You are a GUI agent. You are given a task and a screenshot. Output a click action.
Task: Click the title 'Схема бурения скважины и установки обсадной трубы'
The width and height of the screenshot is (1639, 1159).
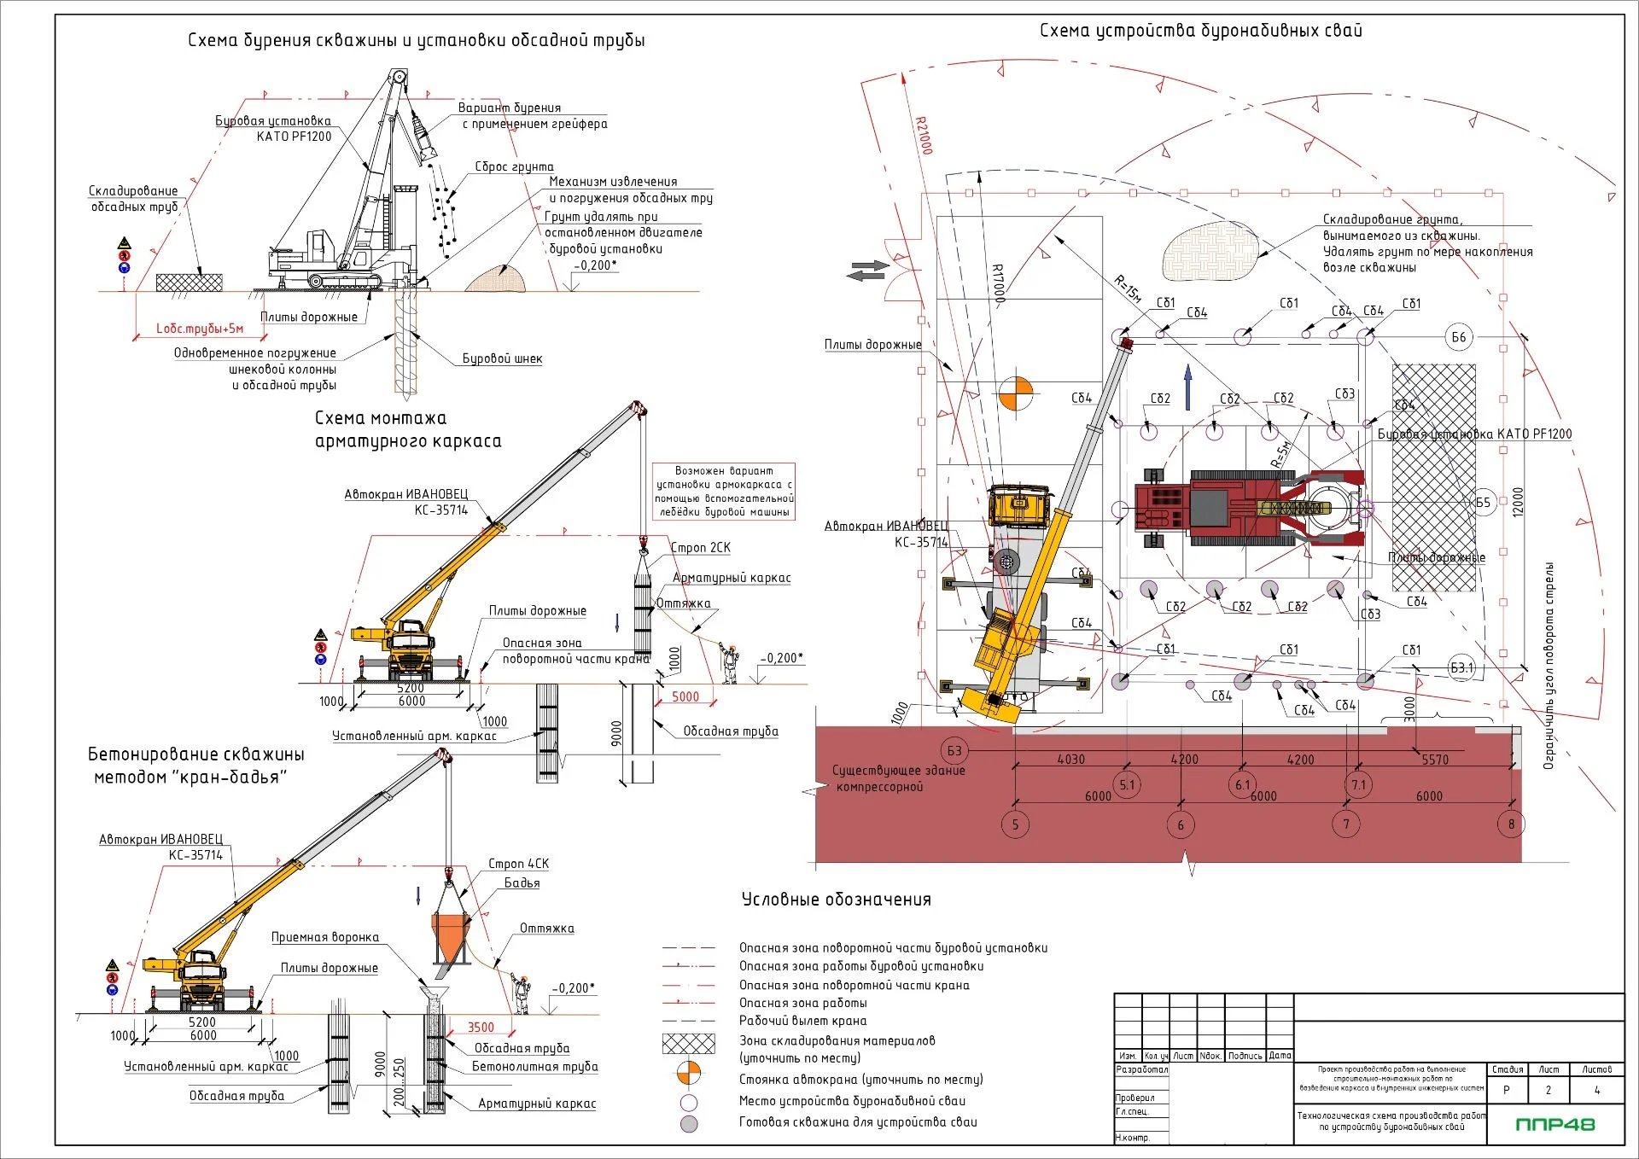[x=416, y=41]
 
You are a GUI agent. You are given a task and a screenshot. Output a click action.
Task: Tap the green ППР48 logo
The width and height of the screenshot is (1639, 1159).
[x=1554, y=1124]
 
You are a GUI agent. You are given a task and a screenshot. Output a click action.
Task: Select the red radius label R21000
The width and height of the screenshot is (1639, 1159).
[x=924, y=135]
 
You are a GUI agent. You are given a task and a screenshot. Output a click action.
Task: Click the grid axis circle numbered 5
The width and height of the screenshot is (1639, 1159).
[x=1015, y=824]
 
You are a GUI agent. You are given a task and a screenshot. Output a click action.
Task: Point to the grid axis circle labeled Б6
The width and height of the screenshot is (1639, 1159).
[x=1459, y=337]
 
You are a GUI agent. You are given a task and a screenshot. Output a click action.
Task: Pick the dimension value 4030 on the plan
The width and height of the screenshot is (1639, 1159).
[x=1070, y=759]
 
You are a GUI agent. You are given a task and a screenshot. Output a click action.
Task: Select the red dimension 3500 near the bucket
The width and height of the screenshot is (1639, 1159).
[x=481, y=1028]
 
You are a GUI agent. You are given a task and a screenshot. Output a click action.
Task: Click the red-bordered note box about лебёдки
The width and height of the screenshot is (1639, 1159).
[x=724, y=492]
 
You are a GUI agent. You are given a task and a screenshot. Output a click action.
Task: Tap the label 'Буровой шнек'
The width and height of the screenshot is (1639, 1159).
[x=502, y=358]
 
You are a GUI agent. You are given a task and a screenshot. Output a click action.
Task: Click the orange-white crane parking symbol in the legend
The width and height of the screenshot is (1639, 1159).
[x=688, y=1073]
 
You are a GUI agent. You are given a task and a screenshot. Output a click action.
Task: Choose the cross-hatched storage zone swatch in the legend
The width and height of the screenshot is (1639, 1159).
[x=688, y=1043]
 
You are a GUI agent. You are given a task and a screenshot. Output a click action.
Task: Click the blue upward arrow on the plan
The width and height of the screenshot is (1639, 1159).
[x=1187, y=385]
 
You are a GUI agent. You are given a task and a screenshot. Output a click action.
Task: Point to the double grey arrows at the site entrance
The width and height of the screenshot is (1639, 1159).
[x=867, y=271]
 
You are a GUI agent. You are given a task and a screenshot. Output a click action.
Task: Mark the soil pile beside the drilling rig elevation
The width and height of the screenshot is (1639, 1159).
[x=496, y=279]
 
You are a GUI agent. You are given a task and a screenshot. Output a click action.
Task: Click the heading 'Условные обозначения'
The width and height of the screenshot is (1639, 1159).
[x=836, y=900]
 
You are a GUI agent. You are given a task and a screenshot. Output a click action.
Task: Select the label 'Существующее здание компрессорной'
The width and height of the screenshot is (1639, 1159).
[x=898, y=778]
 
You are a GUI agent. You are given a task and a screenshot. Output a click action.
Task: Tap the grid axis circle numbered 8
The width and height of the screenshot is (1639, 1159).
[x=1511, y=824]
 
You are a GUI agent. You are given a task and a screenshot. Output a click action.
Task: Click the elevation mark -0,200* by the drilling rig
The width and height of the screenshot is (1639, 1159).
[x=595, y=265]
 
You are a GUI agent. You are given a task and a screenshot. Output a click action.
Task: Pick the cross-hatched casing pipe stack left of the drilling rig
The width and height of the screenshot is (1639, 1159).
[x=190, y=282]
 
